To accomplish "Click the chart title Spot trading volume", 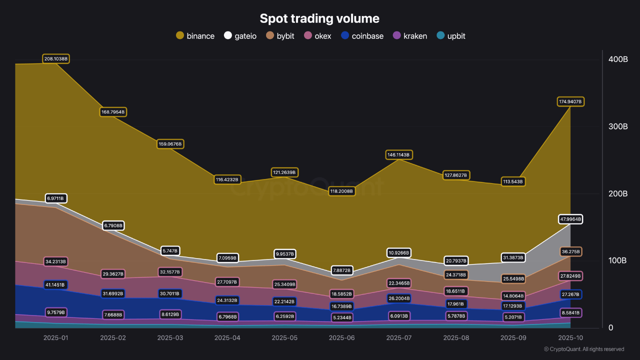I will (319, 18).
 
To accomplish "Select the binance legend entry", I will (195, 36).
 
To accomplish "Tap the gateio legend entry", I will (240, 36).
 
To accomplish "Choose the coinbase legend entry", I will (362, 36).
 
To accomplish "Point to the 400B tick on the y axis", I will (618, 59).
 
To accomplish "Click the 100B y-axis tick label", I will (618, 261).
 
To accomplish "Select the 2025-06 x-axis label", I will (341, 338).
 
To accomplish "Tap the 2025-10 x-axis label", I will (570, 338).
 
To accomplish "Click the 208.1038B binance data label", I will (55, 59).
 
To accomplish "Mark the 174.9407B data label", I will (570, 101).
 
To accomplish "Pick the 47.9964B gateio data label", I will (570, 219).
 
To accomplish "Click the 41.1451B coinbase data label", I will (55, 284).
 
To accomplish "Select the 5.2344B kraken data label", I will (341, 317).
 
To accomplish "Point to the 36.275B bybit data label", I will (570, 251).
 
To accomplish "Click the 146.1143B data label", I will (398, 155).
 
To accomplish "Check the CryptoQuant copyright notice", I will (584, 349).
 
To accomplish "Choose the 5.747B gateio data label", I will (170, 250).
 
